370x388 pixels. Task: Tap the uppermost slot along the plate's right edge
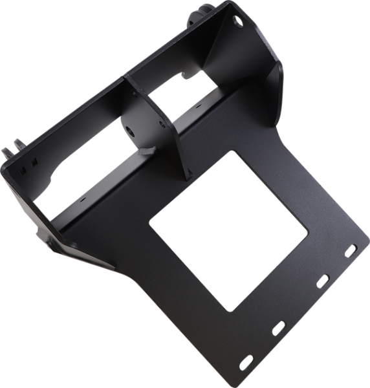pos(352,248)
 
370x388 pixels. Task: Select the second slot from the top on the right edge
pos(321,279)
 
